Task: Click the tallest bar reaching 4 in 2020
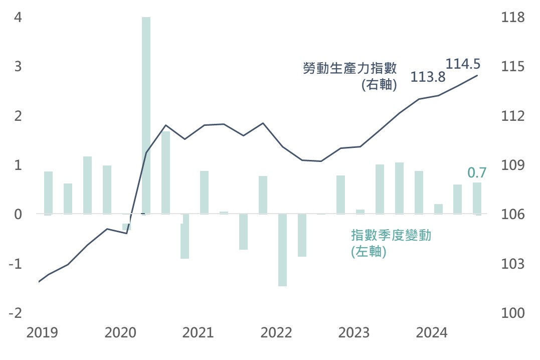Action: coord(146,115)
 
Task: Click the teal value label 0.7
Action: coord(477,173)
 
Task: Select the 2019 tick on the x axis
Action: coord(43,332)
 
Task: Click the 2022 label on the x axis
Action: coord(276,332)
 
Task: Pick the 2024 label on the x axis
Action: coord(432,332)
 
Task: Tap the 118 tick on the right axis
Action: coord(512,18)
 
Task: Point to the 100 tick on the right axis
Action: coord(512,313)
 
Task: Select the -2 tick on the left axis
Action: coord(15,313)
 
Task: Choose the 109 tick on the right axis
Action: coord(512,165)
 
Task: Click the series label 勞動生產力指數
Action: coord(350,68)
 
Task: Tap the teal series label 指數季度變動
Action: coord(391,235)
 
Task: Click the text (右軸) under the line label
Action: coord(379,85)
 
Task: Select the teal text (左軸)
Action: coord(369,252)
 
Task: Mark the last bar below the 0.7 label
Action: coord(477,199)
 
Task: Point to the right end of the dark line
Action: coord(477,76)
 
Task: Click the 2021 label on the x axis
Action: coord(199,332)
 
